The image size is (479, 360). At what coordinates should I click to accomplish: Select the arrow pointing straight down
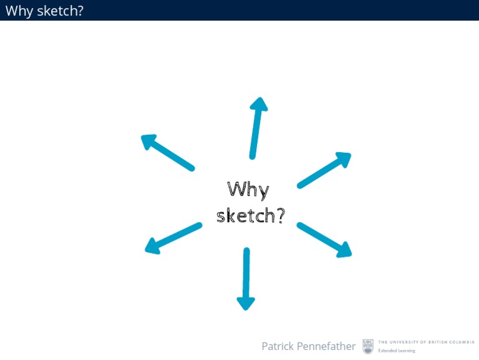(x=246, y=278)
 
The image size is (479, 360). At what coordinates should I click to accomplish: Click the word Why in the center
(x=248, y=190)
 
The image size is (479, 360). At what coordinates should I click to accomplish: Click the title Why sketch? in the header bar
(x=44, y=10)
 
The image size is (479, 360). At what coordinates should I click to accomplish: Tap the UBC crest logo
(x=368, y=346)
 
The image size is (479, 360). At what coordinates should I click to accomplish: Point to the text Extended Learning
(x=396, y=351)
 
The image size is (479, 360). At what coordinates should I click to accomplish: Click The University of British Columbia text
(x=426, y=342)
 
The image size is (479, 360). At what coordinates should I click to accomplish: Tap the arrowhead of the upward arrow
(x=258, y=104)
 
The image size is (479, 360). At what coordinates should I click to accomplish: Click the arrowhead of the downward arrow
(x=246, y=302)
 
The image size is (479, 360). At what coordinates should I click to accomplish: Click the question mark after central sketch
(x=280, y=215)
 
